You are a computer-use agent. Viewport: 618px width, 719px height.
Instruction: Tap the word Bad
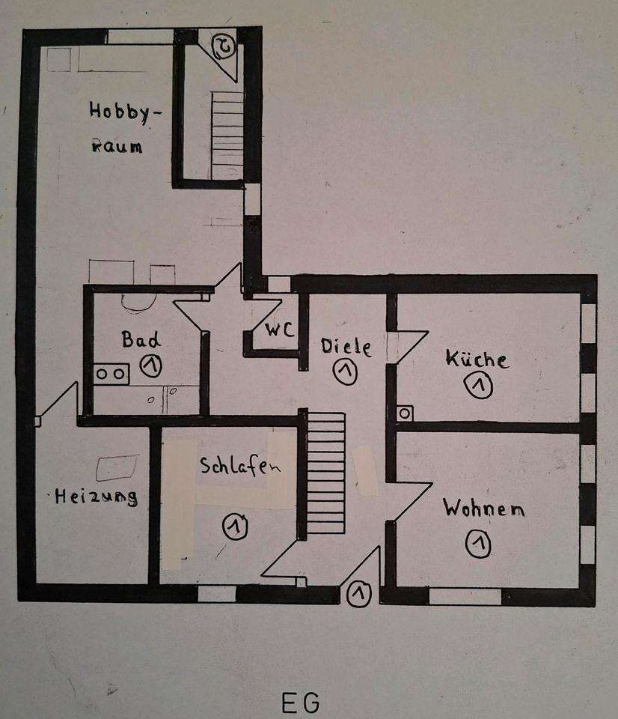tap(141, 339)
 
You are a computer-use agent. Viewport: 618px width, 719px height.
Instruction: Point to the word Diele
tap(346, 347)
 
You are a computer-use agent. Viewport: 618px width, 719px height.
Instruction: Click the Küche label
tap(477, 359)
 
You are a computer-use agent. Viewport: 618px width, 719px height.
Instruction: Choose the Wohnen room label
tap(483, 509)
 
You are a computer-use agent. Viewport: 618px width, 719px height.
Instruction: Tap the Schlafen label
tap(239, 466)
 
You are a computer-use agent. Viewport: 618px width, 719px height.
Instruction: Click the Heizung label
tap(96, 497)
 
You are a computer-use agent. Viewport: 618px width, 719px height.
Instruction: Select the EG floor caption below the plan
tap(301, 703)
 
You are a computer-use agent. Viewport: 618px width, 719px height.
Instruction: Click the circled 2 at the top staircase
tap(224, 46)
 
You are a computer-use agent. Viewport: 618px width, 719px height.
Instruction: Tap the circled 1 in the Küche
tap(478, 386)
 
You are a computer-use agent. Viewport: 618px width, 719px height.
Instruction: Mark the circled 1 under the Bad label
tap(152, 365)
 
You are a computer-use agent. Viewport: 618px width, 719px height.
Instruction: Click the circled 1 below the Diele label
tap(345, 372)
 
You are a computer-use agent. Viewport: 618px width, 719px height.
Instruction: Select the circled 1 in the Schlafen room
tap(235, 527)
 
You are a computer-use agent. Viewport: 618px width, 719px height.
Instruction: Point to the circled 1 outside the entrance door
tap(361, 593)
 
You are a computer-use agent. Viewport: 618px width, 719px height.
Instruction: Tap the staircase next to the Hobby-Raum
tap(227, 135)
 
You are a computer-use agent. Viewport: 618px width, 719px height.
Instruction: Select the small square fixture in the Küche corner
tap(405, 413)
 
